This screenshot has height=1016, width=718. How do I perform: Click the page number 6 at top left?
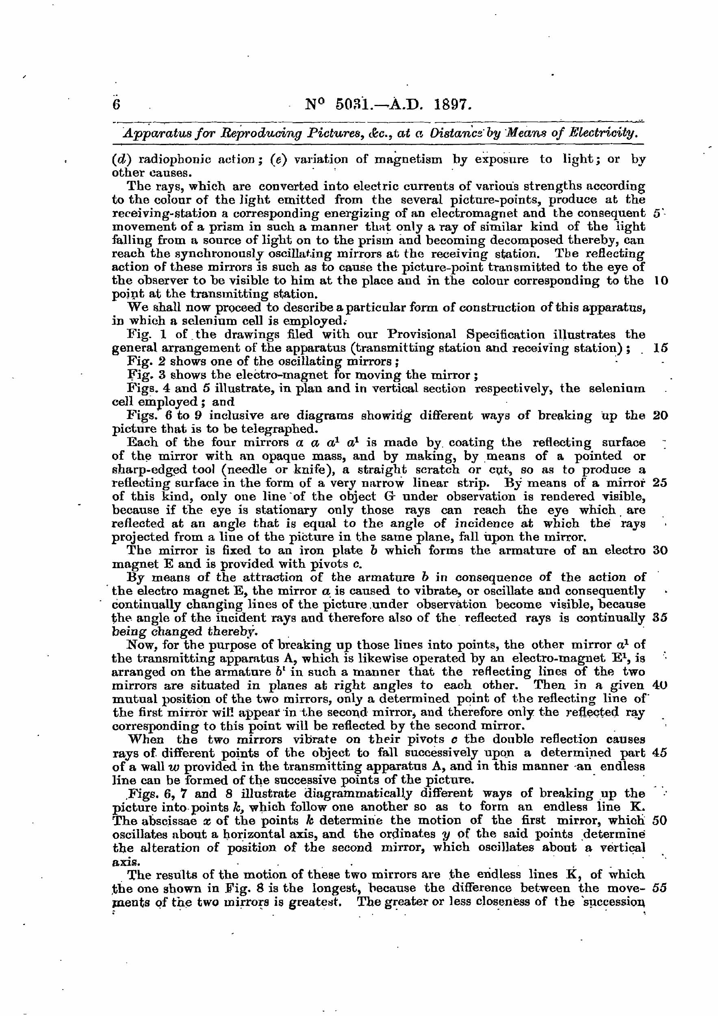coord(116,104)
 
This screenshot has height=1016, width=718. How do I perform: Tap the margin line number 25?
coord(659,483)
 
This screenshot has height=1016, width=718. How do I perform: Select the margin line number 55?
coord(659,888)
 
